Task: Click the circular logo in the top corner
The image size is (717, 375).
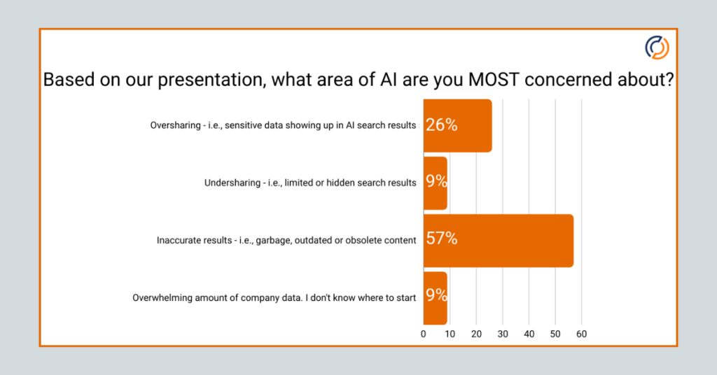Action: point(657,48)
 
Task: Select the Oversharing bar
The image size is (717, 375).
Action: point(457,126)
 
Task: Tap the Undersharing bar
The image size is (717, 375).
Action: point(436,183)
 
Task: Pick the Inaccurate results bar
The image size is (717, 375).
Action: point(499,240)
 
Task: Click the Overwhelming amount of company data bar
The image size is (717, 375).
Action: point(436,297)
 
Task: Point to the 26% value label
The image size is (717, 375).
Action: point(442,126)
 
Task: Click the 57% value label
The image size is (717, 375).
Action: point(442,239)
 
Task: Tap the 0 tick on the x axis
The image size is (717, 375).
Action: point(423,334)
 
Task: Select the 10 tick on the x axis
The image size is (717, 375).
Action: point(450,334)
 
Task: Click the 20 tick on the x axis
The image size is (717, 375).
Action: point(476,334)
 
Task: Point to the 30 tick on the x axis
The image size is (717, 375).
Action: point(503,334)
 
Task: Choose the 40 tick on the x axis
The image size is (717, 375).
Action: point(529,334)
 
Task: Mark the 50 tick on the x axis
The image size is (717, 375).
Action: point(555,334)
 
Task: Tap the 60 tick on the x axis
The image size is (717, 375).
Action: point(581,334)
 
